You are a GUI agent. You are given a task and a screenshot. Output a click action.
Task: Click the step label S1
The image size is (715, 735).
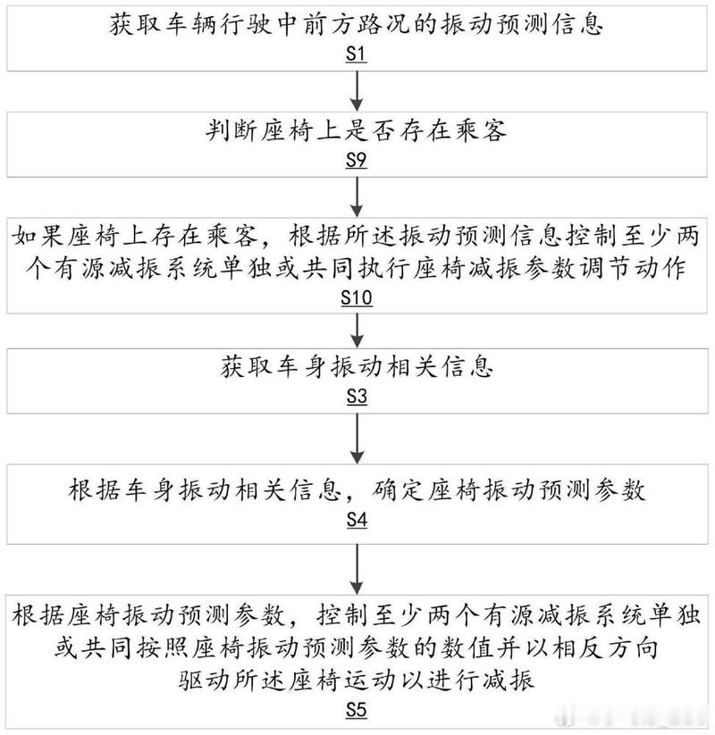tap(356, 54)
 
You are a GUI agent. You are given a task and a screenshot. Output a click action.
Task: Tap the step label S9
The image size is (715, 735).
tap(356, 161)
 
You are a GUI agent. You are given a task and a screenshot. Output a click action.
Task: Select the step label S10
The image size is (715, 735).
tap(357, 297)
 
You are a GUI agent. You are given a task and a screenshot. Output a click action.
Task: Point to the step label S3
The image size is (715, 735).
tap(357, 397)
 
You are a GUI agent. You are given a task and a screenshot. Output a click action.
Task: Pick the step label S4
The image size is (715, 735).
tap(357, 520)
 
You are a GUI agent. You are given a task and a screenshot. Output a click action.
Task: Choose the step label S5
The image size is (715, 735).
tap(356, 710)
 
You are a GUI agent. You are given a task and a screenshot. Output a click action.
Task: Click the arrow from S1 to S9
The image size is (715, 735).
tap(357, 91)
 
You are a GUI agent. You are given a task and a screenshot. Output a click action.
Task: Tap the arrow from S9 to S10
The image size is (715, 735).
tap(357, 196)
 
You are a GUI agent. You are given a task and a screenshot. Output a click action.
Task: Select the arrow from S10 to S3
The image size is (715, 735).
tap(357, 330)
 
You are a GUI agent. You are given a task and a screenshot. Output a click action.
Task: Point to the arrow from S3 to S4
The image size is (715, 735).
tap(357, 438)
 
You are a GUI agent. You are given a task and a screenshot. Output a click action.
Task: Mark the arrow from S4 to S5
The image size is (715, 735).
tap(357, 570)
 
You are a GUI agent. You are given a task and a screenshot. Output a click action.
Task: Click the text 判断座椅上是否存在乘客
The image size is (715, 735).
tap(356, 130)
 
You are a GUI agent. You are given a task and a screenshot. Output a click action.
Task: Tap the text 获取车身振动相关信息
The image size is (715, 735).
tap(357, 366)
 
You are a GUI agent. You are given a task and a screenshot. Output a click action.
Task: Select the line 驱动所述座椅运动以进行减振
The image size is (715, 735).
tap(356, 681)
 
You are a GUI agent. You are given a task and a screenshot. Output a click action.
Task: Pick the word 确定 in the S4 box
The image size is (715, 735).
tap(399, 490)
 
